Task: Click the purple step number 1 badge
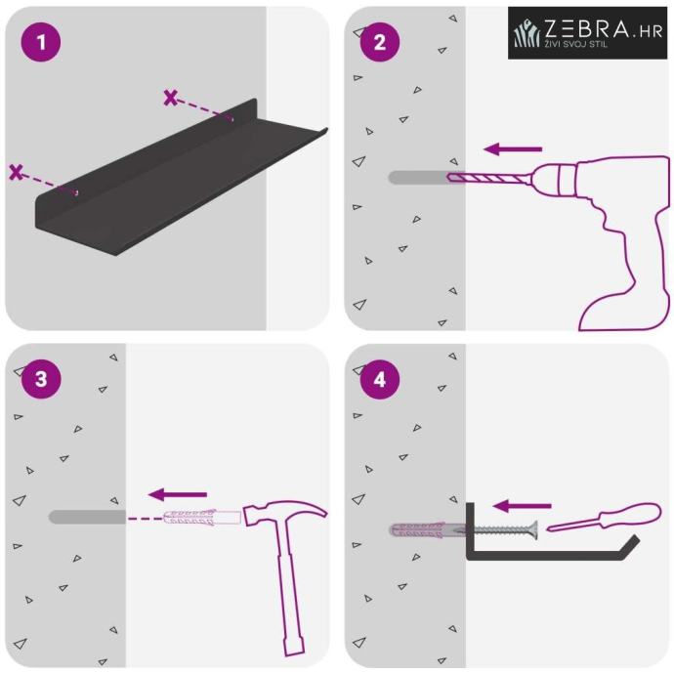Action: point(41,42)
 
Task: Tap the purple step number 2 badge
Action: point(380,42)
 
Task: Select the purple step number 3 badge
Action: point(41,379)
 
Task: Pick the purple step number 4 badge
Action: point(380,379)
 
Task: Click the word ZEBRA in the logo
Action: point(587,28)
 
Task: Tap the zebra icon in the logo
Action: point(527,32)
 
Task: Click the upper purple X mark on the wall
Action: point(170,98)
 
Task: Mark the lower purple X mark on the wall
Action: point(16,172)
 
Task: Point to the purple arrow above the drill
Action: point(513,149)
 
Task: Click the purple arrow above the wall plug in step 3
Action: point(178,494)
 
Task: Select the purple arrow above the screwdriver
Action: point(522,506)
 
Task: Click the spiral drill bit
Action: point(490,177)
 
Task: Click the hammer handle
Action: point(289,589)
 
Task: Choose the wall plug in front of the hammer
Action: point(201,517)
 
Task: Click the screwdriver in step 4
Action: point(604,517)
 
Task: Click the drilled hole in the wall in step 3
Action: point(87,517)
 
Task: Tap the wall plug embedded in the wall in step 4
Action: point(427,530)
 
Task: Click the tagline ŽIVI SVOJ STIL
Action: point(576,44)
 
